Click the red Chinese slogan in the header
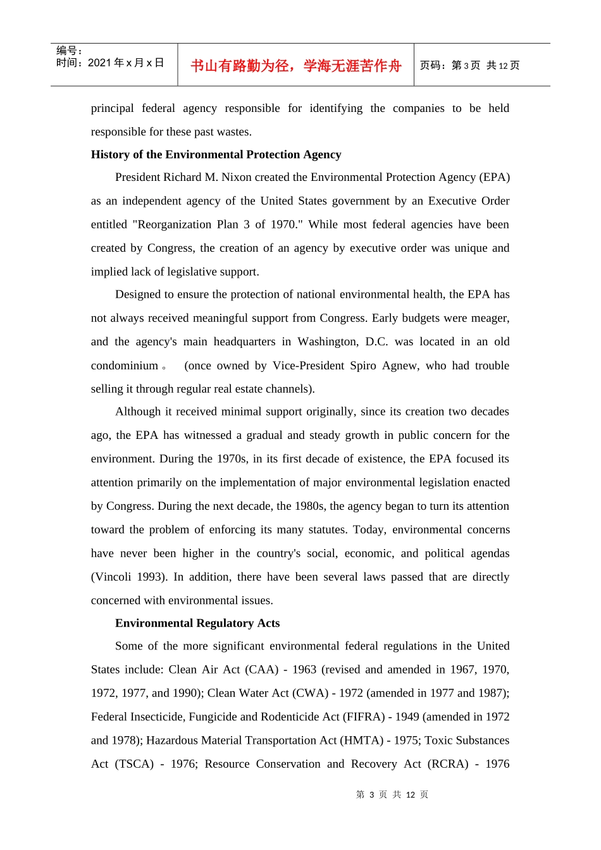point(295,66)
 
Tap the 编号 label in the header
point(68,51)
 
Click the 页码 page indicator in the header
point(469,65)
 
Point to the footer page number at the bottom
point(392,794)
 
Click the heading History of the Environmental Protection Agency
point(216,154)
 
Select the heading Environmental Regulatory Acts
point(197,623)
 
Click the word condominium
point(125,366)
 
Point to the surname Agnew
point(400,366)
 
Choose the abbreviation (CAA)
point(261,669)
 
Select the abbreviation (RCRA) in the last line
point(448,764)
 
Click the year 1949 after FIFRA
point(407,717)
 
